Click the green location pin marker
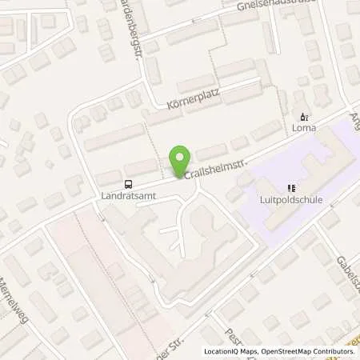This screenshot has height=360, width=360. (x=182, y=159)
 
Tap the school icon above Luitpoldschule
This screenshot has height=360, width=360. (x=292, y=187)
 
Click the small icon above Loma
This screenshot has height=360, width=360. (x=302, y=116)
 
